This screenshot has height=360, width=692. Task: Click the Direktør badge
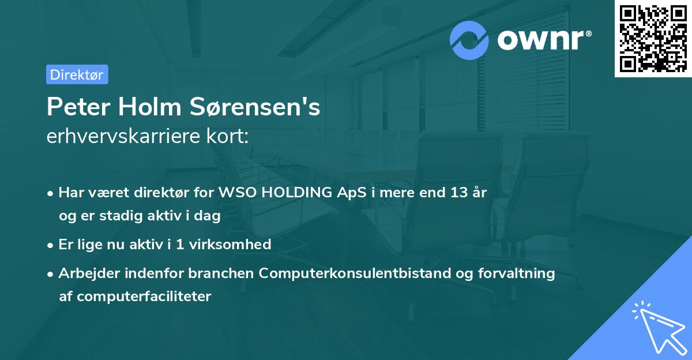click(x=77, y=74)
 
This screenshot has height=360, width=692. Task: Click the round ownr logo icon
click(x=469, y=40)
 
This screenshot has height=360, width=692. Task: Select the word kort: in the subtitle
click(x=229, y=137)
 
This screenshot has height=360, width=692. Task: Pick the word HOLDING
click(x=300, y=193)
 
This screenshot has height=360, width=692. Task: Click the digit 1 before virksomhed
click(x=181, y=244)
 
